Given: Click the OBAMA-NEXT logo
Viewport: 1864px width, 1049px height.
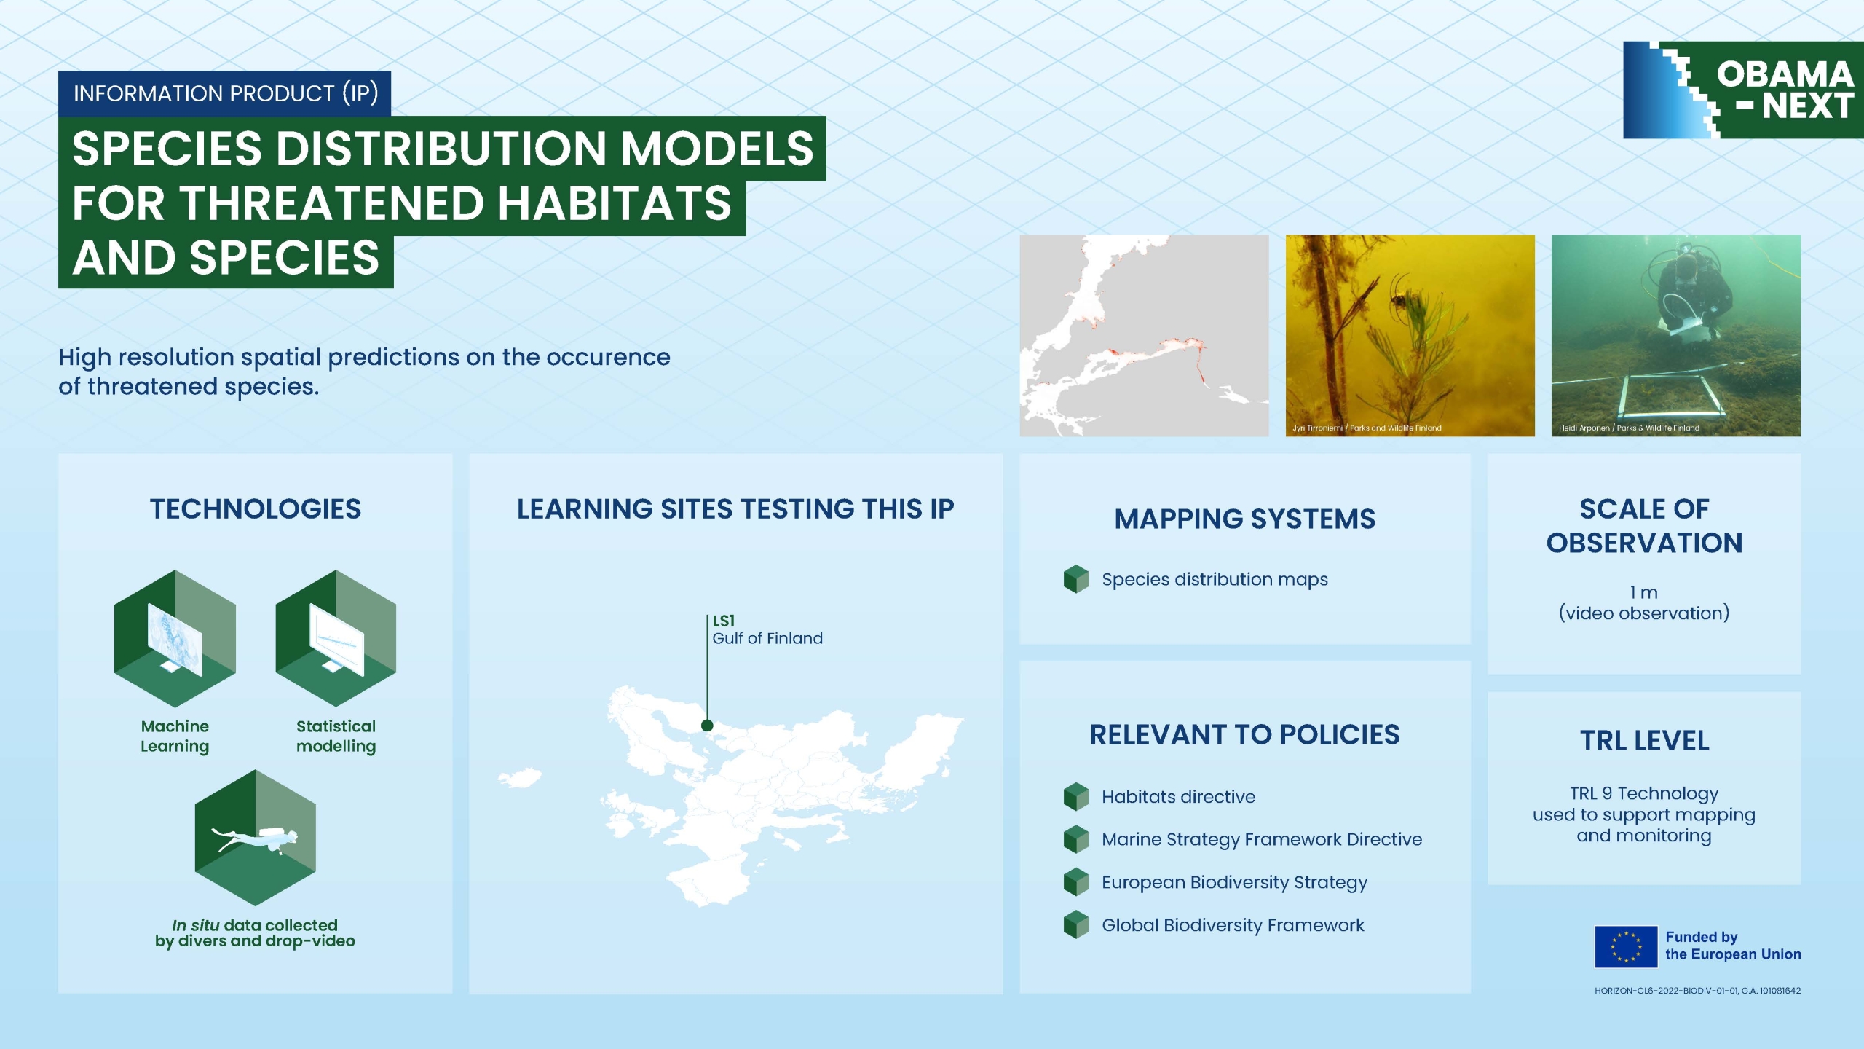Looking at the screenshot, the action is coord(1743,90).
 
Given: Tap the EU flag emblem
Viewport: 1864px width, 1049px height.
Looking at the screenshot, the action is coord(1626,946).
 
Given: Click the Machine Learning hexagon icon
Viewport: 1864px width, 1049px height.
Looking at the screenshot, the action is coord(175,638).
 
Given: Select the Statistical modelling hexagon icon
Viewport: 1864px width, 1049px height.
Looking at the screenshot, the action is coord(336,638).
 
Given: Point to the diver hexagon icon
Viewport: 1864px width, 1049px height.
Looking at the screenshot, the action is coord(255,838).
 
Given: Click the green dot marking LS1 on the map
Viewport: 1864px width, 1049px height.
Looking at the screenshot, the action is coord(707,726).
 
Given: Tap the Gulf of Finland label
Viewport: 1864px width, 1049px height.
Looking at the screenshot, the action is coord(767,638).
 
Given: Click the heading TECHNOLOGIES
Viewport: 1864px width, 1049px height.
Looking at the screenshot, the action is coord(256,508).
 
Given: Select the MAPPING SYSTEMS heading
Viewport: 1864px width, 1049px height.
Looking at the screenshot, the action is coord(1245,519).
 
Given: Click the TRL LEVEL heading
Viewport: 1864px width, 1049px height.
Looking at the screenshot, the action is coord(1645,740).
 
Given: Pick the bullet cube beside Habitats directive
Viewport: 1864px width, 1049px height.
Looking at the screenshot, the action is coord(1076,797).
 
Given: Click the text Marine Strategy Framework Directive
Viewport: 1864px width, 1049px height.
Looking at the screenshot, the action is coord(1262,839).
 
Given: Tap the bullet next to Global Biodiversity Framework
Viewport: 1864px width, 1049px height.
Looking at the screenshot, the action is coord(1076,925).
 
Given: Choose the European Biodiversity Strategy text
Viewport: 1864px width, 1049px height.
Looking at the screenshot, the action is coord(1235,882).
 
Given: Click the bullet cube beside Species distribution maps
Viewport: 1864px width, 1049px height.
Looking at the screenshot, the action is coord(1076,579).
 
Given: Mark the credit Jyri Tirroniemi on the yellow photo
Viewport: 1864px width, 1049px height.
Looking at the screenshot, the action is coord(1318,428).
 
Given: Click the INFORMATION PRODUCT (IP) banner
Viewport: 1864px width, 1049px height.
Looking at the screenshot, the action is coord(225,93).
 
